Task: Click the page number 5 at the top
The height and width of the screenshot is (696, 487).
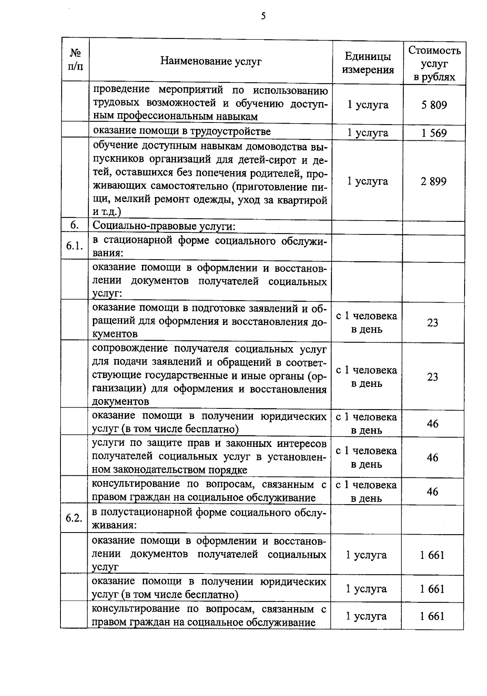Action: (263, 16)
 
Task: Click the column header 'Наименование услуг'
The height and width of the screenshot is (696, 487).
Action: (211, 61)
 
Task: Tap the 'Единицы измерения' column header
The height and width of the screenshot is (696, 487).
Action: (368, 63)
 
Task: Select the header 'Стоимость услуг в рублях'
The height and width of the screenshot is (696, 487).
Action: (434, 64)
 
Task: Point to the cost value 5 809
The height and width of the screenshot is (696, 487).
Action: (434, 105)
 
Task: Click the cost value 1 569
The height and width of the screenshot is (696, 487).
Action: (434, 133)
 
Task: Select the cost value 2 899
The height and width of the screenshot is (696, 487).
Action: (433, 181)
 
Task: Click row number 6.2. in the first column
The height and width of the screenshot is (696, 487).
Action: (74, 519)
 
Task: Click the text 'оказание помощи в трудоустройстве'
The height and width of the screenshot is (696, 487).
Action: (181, 131)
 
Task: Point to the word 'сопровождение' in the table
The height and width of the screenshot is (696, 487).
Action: (127, 349)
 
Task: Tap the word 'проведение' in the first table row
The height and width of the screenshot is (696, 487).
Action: (121, 89)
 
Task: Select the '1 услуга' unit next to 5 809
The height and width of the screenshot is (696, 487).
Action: (368, 105)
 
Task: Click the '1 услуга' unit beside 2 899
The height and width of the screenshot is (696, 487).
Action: (368, 181)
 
